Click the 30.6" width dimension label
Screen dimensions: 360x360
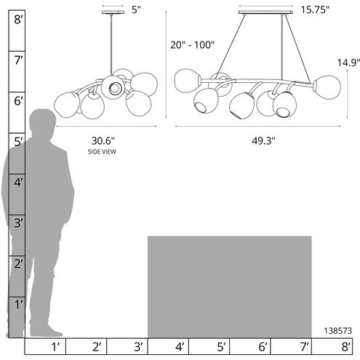point(103,141)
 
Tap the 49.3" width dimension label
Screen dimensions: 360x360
point(263,141)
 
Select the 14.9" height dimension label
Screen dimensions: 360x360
point(348,63)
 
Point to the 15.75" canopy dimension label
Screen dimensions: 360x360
point(315,9)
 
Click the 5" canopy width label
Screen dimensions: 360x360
point(136,9)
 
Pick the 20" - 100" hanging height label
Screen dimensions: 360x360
point(193,45)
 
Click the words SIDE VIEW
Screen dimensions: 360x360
point(102,152)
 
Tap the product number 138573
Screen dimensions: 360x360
point(337,331)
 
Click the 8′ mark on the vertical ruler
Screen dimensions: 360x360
point(18,20)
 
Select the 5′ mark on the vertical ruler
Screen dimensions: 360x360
point(18,142)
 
